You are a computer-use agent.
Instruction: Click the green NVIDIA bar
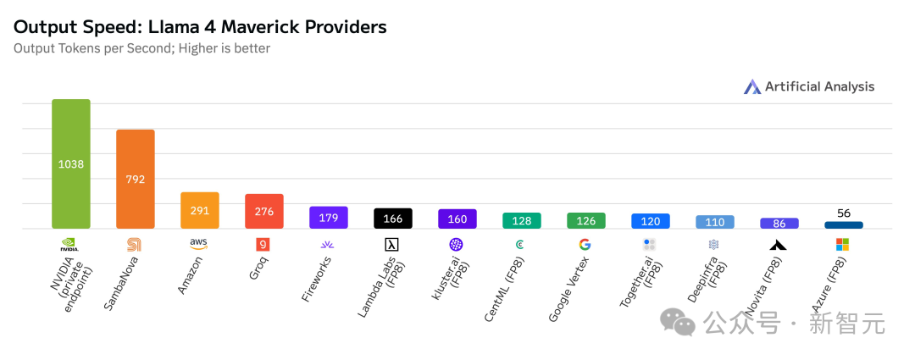point(71,163)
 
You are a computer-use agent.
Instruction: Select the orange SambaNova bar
point(136,179)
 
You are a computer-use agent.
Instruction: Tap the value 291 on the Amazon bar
point(200,211)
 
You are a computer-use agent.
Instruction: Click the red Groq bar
point(264,211)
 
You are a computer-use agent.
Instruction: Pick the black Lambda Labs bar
point(393,219)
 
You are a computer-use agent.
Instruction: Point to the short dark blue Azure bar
point(844,225)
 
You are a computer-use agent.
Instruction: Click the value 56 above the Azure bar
point(844,213)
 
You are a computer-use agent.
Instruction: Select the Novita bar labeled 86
point(779,224)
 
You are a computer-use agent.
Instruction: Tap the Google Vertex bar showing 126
point(586,221)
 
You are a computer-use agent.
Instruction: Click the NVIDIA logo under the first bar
point(70,245)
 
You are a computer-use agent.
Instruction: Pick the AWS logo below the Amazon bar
point(199,244)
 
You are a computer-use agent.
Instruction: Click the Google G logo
point(585,245)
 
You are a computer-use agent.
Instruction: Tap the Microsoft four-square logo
point(843,245)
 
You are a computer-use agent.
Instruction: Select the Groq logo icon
point(263,245)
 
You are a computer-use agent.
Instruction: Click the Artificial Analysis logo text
point(819,86)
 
